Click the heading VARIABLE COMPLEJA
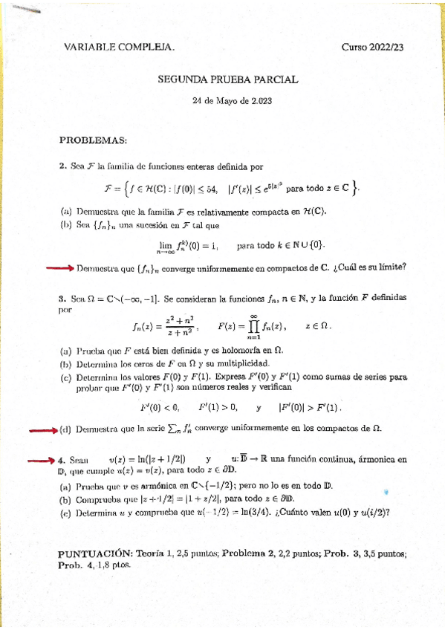[x=120, y=48]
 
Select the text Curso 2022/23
[x=373, y=48]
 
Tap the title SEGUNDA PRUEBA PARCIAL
[x=228, y=79]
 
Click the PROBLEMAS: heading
[x=93, y=140]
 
